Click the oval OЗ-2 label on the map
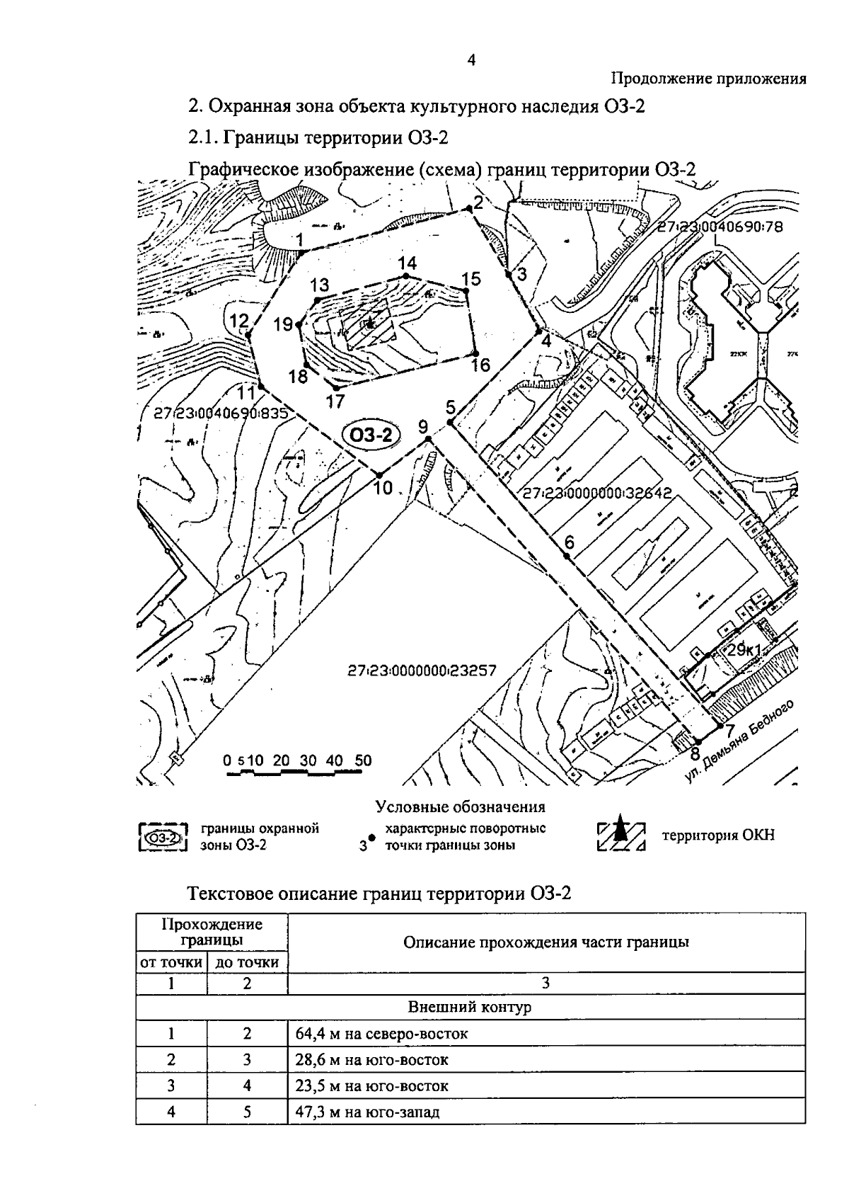[x=371, y=435]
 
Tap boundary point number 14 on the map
[x=405, y=275]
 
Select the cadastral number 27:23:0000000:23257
[x=422, y=670]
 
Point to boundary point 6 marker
[x=567, y=557]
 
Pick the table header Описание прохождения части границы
[x=546, y=942]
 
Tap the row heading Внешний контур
[x=470, y=1007]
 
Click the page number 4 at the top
[x=471, y=60]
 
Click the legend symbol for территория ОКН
[x=620, y=835]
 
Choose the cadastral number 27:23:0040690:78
[x=726, y=227]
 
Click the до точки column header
[x=247, y=962]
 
